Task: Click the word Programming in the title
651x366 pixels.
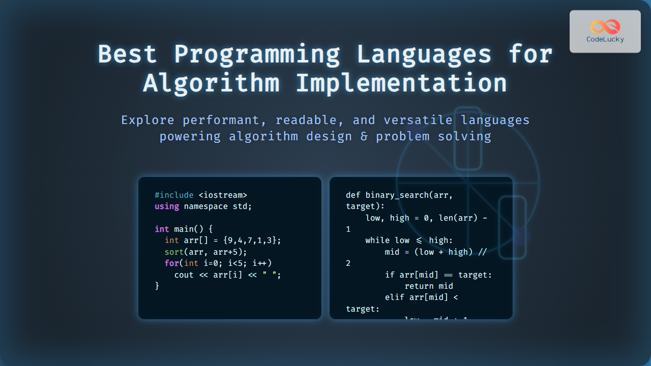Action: [257, 54]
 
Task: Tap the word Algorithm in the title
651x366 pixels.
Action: [211, 83]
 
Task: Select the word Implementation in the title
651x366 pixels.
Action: [401, 83]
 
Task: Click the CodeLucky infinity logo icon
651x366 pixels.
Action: [605, 26]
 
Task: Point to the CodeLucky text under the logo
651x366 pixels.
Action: [605, 40]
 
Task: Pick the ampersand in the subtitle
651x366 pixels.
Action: [363, 137]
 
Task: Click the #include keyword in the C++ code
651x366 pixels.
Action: [174, 195]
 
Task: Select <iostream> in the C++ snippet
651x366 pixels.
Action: [223, 195]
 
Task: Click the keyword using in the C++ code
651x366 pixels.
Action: [167, 206]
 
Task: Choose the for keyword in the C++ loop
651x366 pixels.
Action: [171, 263]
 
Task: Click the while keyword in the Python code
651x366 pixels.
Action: [377, 240]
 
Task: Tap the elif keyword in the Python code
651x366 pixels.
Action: [395, 297]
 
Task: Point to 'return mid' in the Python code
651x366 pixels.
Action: [428, 286]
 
